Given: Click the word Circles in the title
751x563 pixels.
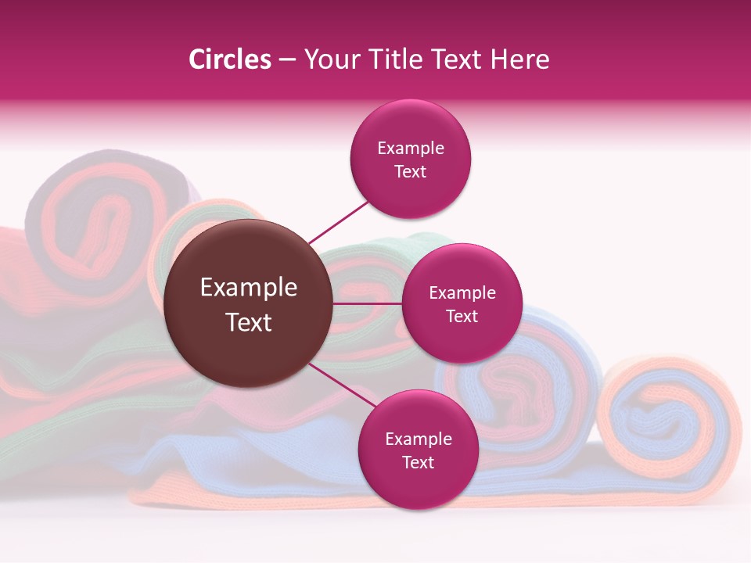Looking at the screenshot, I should click(x=230, y=59).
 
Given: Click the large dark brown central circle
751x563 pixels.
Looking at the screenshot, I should click(x=249, y=303).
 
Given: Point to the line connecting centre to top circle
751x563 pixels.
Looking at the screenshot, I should click(x=338, y=221).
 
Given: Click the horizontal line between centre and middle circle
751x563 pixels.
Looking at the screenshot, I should click(x=368, y=303).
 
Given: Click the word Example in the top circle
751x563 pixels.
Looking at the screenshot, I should click(x=411, y=149).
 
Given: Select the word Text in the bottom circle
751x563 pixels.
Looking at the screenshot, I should click(x=418, y=463).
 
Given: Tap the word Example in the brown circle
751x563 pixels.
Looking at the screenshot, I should click(x=249, y=288).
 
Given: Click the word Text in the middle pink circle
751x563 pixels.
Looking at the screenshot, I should click(x=462, y=317).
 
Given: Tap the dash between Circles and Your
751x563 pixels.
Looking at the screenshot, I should click(x=287, y=60).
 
